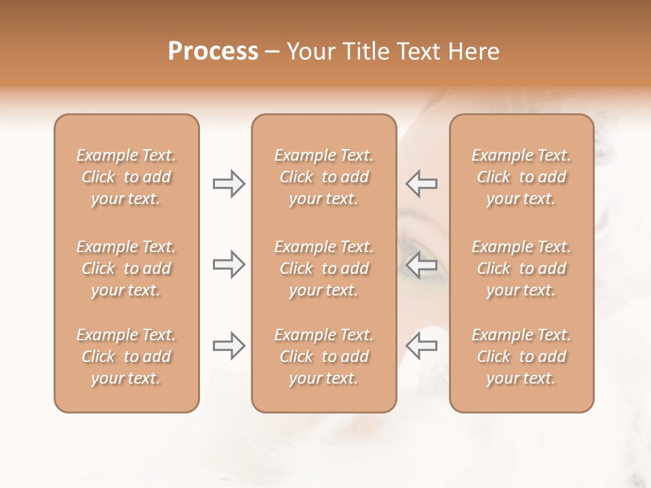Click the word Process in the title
(x=213, y=52)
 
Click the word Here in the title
(x=475, y=52)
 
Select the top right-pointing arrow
(x=229, y=184)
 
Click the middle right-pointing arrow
(x=229, y=264)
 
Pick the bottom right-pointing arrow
(x=229, y=346)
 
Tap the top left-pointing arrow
(x=422, y=184)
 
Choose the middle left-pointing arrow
(x=422, y=264)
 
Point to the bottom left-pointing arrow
(x=422, y=346)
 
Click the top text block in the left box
(x=126, y=177)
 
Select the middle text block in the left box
(x=126, y=268)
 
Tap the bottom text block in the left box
(x=126, y=357)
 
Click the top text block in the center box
(x=324, y=177)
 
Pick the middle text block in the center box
(x=324, y=268)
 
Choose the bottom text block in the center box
(x=324, y=357)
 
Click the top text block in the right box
(x=521, y=177)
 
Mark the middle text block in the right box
(x=521, y=268)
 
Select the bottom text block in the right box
(x=521, y=357)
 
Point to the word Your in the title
(x=309, y=52)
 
